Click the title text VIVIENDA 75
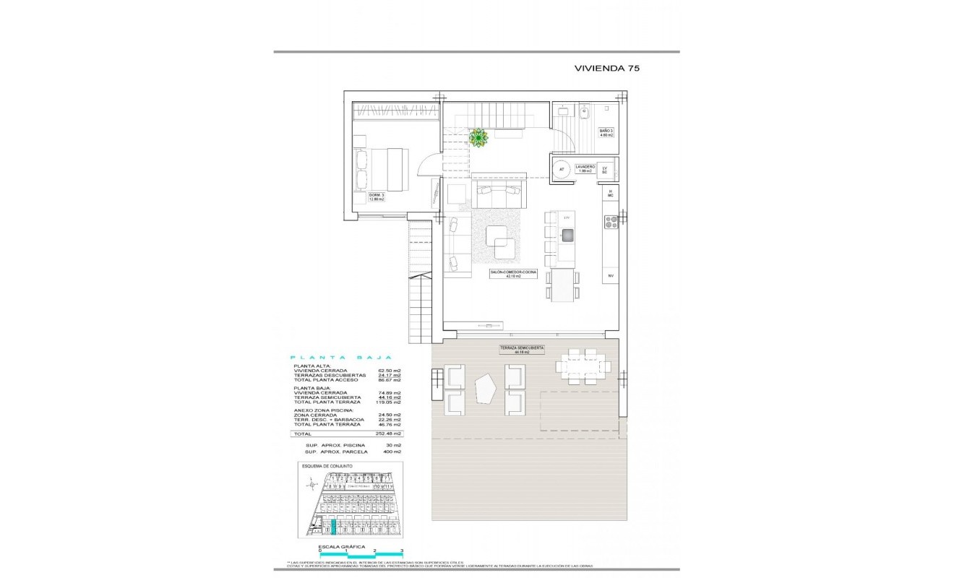[606, 69]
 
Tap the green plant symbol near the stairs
[478, 137]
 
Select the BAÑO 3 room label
[606, 133]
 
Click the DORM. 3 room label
[376, 197]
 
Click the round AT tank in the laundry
[562, 170]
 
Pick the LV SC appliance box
[606, 170]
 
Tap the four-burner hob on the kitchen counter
[611, 222]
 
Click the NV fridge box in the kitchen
[610, 276]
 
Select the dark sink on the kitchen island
[567, 234]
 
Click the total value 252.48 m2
[389, 433]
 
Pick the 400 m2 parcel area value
[391, 452]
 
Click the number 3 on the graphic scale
[401, 551]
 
